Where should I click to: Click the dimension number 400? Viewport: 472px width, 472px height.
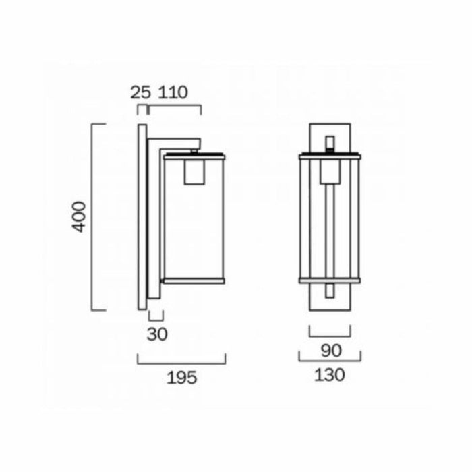tap(79, 216)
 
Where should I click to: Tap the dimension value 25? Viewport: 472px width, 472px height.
tap(140, 92)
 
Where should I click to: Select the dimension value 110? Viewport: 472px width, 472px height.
tap(173, 92)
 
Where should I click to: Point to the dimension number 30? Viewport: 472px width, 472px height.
tap(157, 334)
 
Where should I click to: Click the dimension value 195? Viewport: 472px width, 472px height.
tap(182, 378)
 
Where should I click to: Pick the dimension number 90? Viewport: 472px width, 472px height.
tap(331, 351)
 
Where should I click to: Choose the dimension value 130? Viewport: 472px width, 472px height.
tap(329, 375)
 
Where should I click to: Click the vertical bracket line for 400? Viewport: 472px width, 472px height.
tap(92, 216)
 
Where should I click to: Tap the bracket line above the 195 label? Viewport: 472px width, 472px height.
tap(181, 363)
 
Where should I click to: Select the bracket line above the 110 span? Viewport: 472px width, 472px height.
tap(175, 105)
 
